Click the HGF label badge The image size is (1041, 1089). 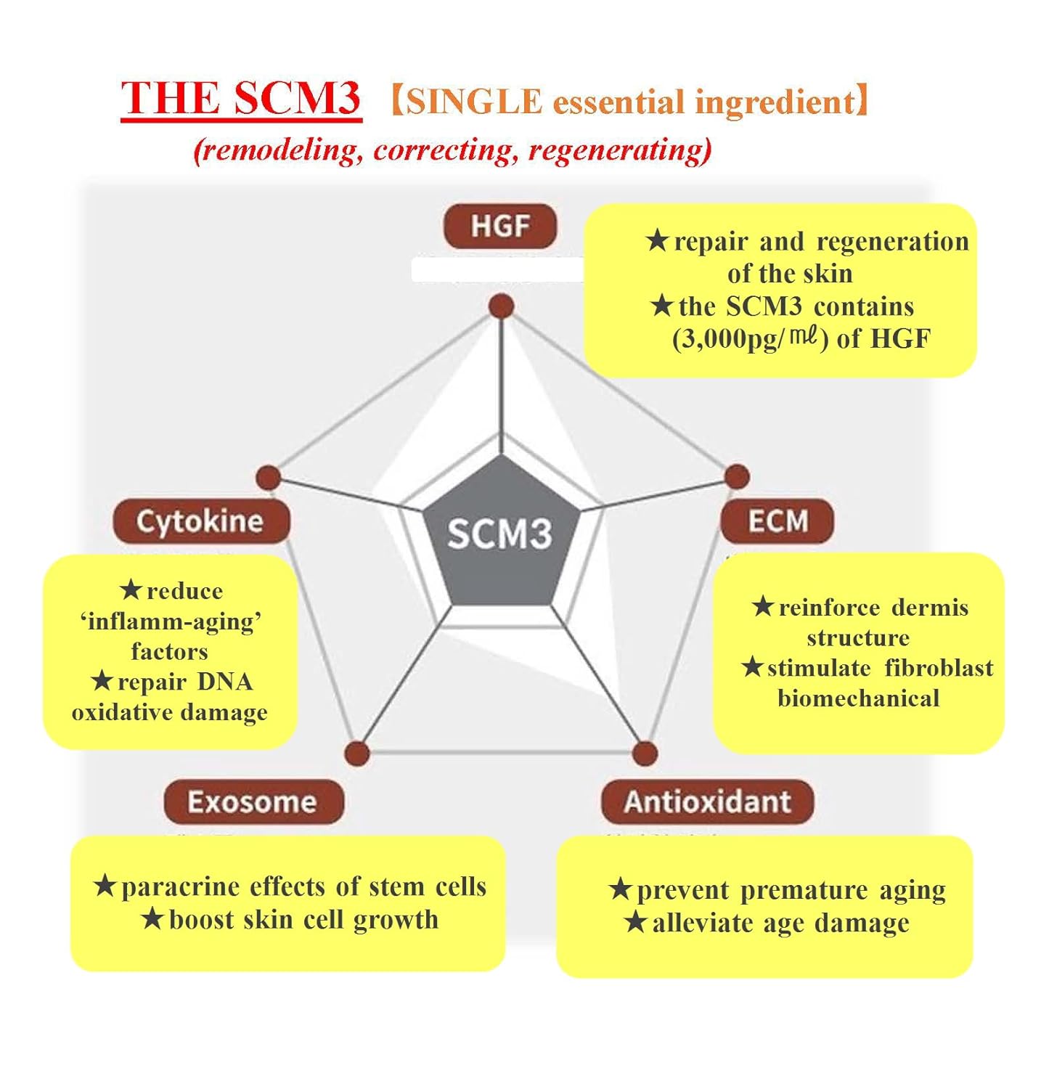coord(499,227)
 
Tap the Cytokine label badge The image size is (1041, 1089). coord(200,521)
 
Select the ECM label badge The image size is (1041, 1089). coord(777,521)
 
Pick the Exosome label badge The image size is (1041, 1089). coord(253,802)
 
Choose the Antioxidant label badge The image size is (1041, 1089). coord(707,802)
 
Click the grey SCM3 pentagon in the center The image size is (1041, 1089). coord(499,534)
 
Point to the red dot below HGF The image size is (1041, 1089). coord(501,306)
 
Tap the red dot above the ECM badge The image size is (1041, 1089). coord(737,477)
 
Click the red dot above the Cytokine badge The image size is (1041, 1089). coord(269,478)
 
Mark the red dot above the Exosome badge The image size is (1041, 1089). coord(356,754)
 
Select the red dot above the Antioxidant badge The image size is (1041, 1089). coord(644,754)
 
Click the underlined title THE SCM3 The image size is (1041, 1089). coord(241,99)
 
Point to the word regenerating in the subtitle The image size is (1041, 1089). coord(619,150)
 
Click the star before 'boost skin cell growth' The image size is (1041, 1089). coord(152,919)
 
